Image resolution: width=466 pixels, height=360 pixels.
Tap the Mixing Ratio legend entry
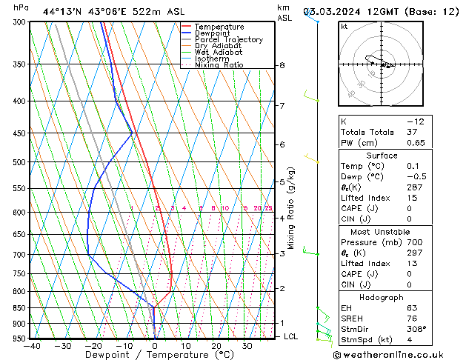coord(219,65)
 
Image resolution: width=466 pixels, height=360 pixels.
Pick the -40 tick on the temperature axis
coord(31,345)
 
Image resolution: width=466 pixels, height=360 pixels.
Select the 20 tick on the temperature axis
coord(216,345)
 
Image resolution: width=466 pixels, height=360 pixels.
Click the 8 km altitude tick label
coord(282,65)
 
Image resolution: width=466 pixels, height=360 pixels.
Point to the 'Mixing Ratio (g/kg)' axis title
coord(291,208)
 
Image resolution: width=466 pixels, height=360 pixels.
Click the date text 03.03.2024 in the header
coord(333,11)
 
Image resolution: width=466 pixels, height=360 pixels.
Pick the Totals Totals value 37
coord(412,132)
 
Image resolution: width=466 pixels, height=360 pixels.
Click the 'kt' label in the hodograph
coord(344,26)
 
